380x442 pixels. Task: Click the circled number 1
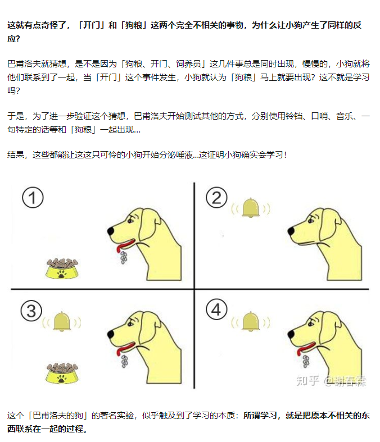33,197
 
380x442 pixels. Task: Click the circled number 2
216,197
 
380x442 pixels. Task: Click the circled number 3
31,311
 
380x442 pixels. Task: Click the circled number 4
216,309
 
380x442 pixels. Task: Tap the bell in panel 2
251,208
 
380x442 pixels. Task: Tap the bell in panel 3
62,321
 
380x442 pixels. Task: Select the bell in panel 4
251,321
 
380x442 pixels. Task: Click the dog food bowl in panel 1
62,268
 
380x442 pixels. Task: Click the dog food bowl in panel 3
62,373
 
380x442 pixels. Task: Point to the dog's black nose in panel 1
111,231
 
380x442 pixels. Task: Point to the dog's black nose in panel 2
291,231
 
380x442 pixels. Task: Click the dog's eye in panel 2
311,221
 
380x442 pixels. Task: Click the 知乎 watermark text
308,381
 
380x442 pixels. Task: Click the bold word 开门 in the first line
92,25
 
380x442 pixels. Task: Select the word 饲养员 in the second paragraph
188,64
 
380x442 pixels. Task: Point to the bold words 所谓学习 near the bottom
260,416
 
